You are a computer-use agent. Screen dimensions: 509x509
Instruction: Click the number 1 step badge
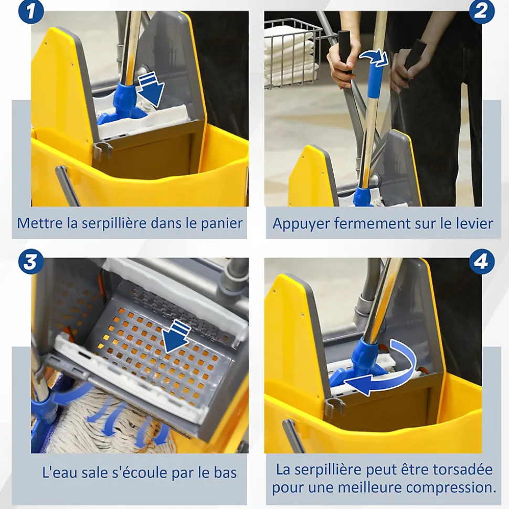tap(31, 12)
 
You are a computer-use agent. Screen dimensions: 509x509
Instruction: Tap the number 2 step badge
tap(482, 12)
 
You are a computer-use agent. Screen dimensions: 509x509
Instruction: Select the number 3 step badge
tap(31, 262)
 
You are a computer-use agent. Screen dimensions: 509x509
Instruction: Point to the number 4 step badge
tap(482, 262)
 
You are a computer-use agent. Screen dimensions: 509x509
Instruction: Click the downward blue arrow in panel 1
tap(151, 89)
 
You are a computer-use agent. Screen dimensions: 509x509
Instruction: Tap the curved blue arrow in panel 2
tap(374, 58)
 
